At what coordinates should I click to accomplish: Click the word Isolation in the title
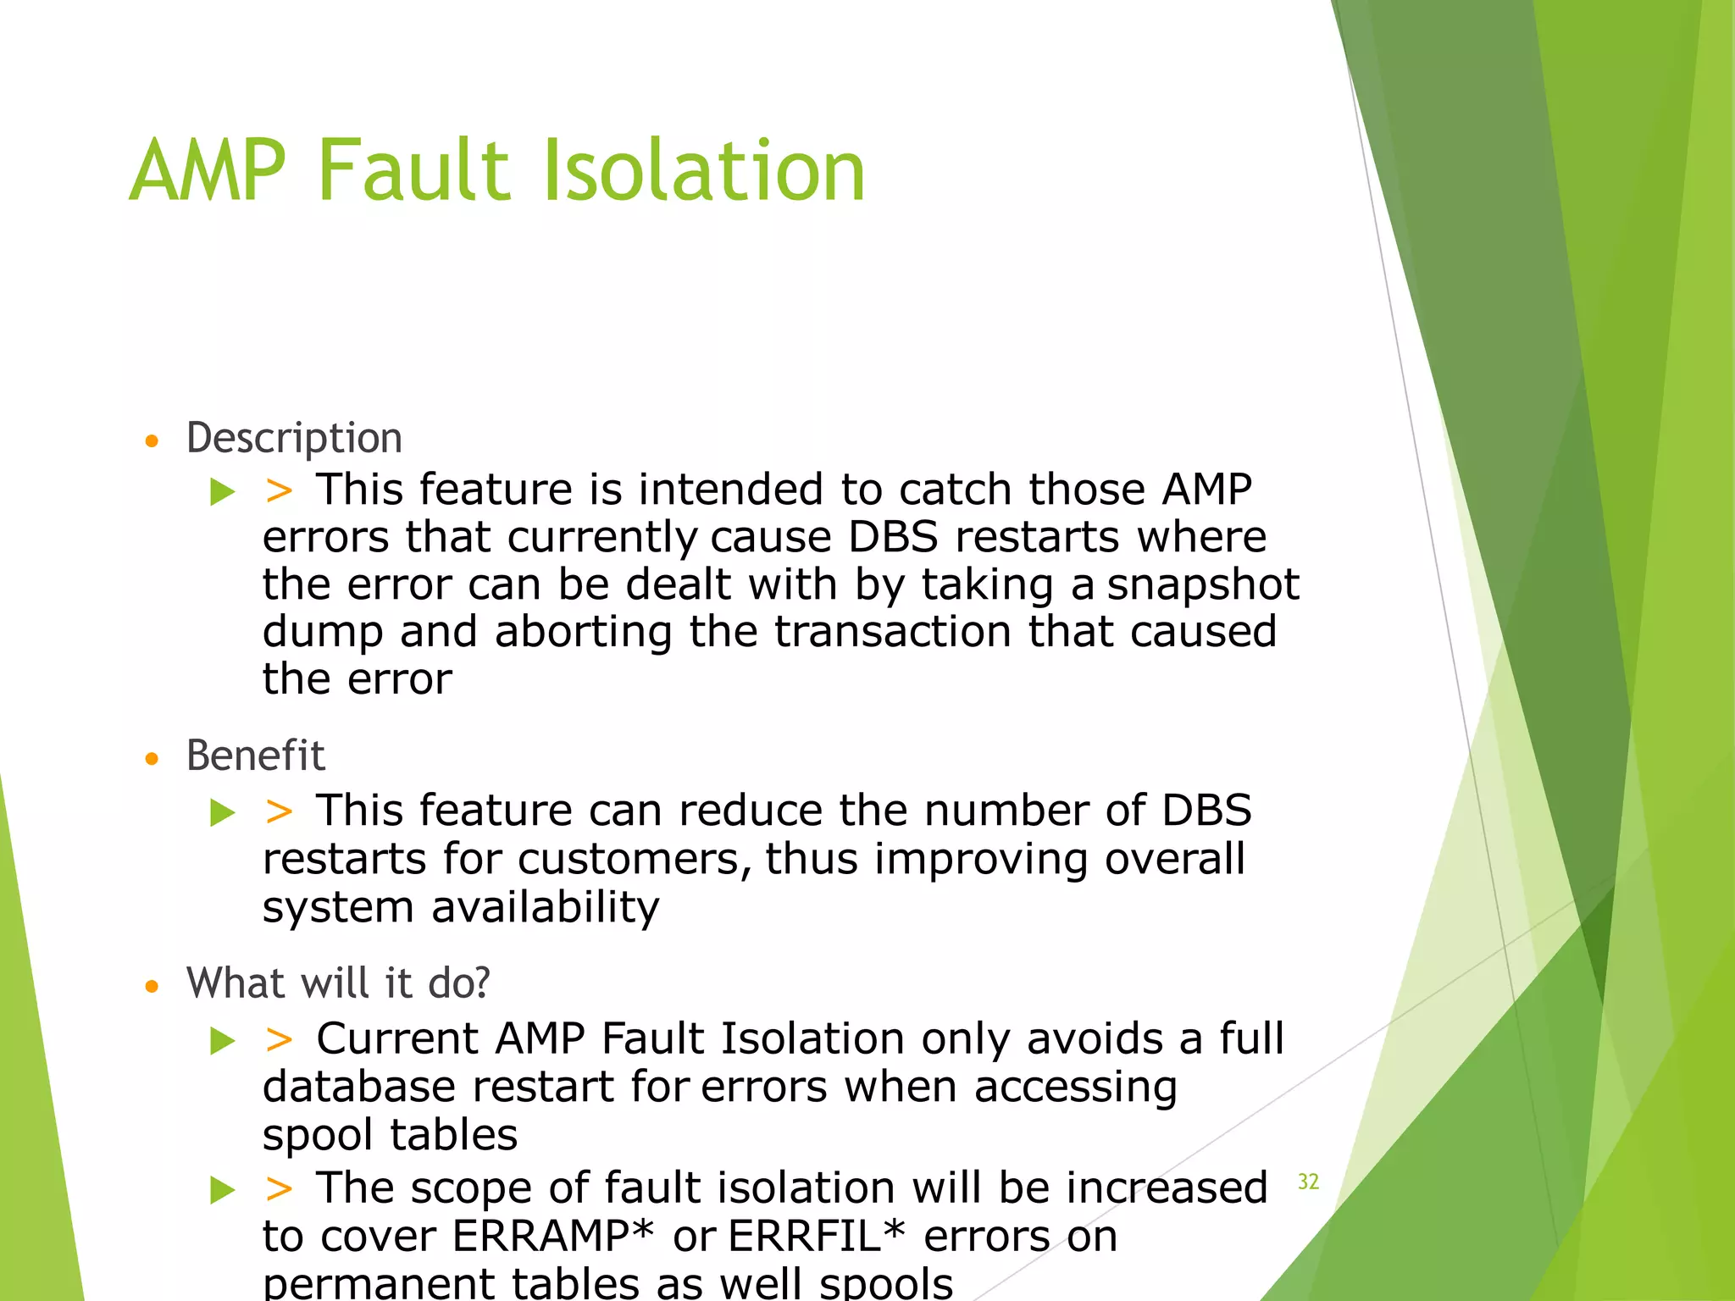point(703,172)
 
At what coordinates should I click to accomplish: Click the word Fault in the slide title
point(415,172)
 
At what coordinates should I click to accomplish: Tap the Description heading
point(294,439)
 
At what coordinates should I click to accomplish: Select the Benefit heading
point(255,756)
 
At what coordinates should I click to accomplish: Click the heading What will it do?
point(338,983)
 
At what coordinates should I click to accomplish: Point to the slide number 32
point(1308,1182)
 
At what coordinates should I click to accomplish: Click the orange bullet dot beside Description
point(152,441)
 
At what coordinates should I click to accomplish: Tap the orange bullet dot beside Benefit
point(152,759)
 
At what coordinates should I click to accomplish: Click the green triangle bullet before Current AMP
point(223,1040)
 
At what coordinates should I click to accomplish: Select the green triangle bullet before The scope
point(223,1190)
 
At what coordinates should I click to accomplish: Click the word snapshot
point(1203,585)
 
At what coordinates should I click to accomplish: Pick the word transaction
point(892,632)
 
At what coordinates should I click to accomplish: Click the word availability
point(545,908)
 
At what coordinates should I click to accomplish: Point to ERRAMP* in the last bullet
point(553,1237)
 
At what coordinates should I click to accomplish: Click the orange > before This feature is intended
point(279,490)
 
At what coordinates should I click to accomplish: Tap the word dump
point(323,634)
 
